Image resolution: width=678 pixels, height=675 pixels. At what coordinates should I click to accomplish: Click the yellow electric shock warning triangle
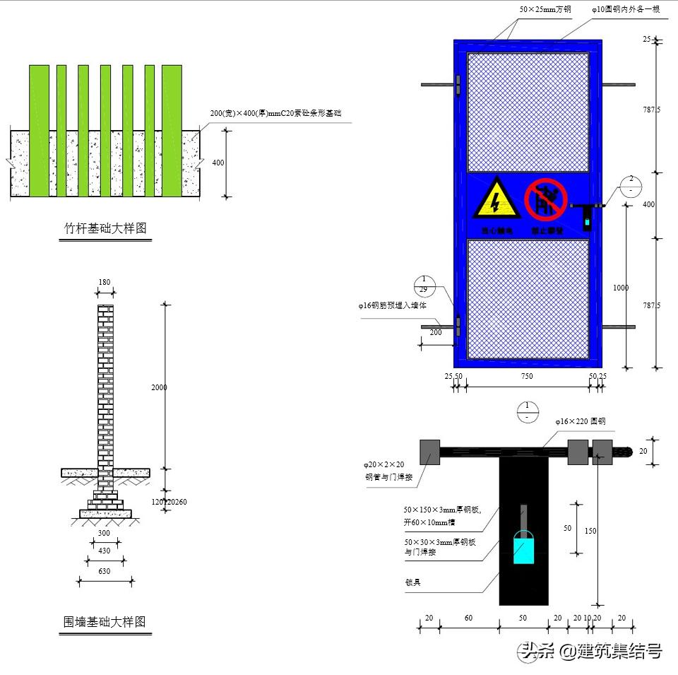coord(496,198)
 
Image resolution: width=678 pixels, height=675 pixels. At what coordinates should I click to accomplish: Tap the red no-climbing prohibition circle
coord(545,199)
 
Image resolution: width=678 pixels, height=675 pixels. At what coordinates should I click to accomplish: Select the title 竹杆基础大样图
coord(105,228)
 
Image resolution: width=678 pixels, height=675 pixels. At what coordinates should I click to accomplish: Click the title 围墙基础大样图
coord(105,622)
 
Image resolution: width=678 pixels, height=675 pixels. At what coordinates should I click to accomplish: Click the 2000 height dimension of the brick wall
coord(159,387)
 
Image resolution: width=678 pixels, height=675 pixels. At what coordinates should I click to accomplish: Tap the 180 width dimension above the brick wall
coord(105,283)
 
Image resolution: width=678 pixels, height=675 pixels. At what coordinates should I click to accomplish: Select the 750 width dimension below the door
coord(527,377)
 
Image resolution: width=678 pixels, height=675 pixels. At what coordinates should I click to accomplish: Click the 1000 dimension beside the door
coord(621,288)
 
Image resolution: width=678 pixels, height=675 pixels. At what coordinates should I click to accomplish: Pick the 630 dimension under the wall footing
coord(105,572)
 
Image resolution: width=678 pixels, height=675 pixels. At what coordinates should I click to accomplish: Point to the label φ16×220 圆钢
coord(580,421)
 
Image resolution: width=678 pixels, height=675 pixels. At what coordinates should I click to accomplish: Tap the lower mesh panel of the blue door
coord(528,298)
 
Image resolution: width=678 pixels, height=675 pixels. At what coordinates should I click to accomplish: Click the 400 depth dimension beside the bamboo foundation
coord(218,163)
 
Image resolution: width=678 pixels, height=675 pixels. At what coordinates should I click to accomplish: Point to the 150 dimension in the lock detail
coord(590,532)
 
